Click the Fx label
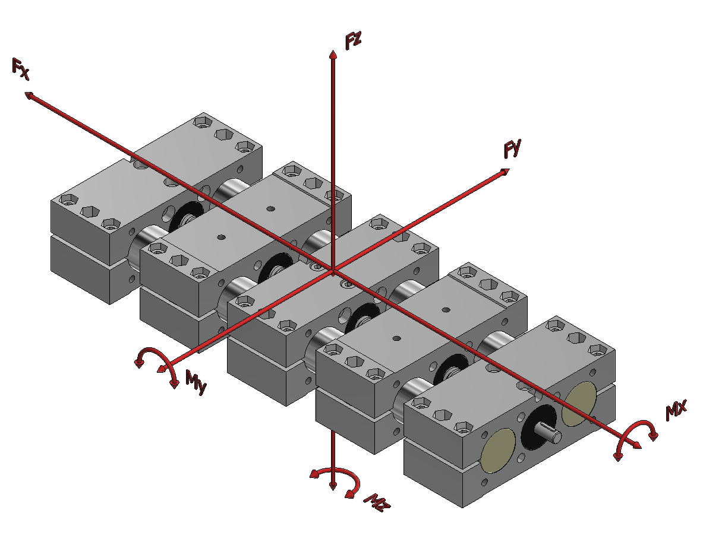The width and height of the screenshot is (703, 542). (x=21, y=69)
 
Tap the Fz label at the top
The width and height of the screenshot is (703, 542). (x=354, y=40)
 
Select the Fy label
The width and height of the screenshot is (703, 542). (x=513, y=149)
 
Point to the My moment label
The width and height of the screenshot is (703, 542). (x=196, y=383)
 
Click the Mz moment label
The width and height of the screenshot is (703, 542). (x=377, y=503)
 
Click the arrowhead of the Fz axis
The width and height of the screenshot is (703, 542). (x=333, y=54)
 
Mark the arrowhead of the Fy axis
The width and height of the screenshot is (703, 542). (x=505, y=172)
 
